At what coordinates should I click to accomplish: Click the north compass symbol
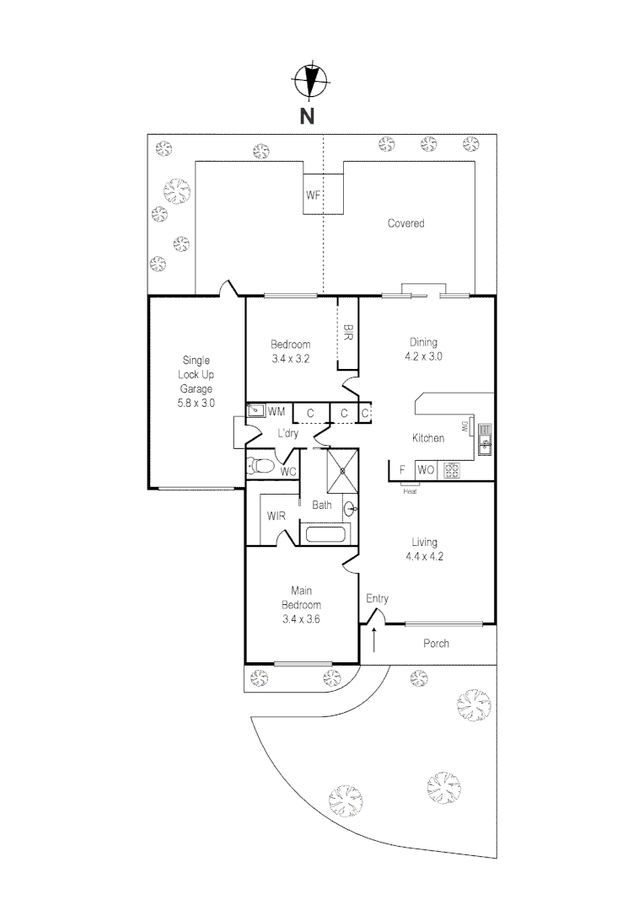[309, 82]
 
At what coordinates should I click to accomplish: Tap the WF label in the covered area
[314, 195]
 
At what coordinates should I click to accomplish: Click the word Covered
[405, 223]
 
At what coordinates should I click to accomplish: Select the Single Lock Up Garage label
[196, 381]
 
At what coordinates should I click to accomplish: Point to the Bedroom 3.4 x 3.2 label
[290, 351]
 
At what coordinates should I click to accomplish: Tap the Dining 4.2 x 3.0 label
[424, 349]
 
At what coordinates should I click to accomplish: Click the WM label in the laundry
[276, 412]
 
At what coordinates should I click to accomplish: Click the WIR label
[275, 516]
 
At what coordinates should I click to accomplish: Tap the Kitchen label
[427, 438]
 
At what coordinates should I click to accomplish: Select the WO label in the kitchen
[426, 470]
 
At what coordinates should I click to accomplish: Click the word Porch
[436, 644]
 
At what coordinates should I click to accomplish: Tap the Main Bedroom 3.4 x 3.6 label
[301, 604]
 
